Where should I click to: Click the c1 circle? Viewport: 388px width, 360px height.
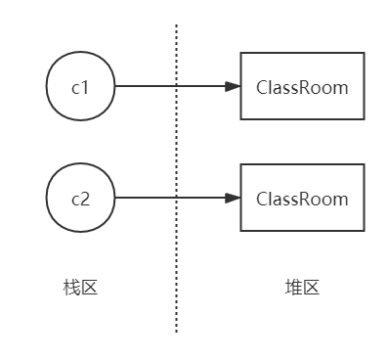pos(80,87)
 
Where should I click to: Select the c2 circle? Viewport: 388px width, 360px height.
pos(80,199)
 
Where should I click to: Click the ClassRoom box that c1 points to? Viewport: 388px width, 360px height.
pos(302,87)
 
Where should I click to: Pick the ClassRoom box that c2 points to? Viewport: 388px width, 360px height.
pos(302,199)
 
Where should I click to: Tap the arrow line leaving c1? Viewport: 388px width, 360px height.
pos(166,87)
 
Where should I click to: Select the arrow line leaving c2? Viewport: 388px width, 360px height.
pos(166,199)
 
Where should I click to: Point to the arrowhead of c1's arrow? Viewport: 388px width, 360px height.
pos(233,87)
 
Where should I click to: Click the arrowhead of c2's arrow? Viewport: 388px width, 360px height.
pos(233,199)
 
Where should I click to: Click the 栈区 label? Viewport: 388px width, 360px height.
pos(80,288)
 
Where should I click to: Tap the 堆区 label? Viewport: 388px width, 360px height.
pos(302,288)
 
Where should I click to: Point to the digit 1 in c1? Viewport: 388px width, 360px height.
pos(85,87)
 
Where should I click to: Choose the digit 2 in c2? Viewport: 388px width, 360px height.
pos(85,199)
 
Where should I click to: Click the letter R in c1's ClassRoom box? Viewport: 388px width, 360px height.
pos(300,87)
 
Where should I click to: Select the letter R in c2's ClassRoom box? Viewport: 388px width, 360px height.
pos(300,199)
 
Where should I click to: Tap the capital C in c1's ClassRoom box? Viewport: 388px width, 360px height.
pos(262,87)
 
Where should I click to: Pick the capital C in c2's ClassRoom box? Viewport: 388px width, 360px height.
pos(262,199)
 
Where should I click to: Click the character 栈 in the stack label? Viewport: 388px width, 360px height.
pos(71,288)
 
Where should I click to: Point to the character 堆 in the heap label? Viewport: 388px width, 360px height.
pos(293,288)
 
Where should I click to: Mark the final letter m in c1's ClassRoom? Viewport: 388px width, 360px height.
pos(340,88)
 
